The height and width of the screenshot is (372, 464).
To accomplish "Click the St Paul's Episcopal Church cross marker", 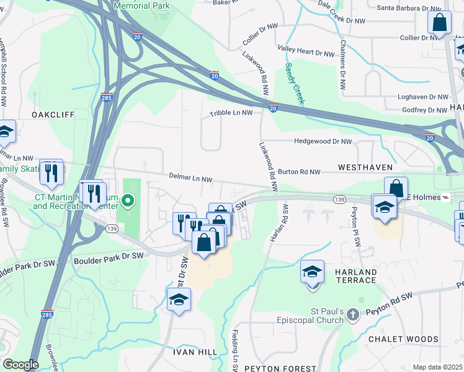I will [x=353, y=314].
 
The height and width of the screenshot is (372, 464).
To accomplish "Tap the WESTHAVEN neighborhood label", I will [x=365, y=168].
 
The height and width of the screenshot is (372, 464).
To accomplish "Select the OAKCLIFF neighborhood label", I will [x=53, y=115].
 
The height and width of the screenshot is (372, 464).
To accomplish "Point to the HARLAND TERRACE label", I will [x=355, y=276].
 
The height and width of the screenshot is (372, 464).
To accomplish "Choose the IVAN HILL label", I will [x=195, y=352].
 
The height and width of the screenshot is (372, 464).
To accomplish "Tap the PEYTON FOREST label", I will [x=280, y=368].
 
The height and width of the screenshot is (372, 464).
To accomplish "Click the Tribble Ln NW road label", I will [x=231, y=113].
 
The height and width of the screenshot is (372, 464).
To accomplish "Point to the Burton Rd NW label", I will [x=299, y=171].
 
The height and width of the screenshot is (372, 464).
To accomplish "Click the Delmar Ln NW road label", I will [x=191, y=179].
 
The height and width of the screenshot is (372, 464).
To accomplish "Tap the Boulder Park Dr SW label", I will [x=109, y=255].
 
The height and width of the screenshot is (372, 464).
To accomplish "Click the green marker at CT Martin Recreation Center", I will [x=128, y=200].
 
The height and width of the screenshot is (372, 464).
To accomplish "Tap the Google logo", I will [x=20, y=365].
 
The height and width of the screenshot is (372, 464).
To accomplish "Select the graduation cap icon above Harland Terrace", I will [x=313, y=272].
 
